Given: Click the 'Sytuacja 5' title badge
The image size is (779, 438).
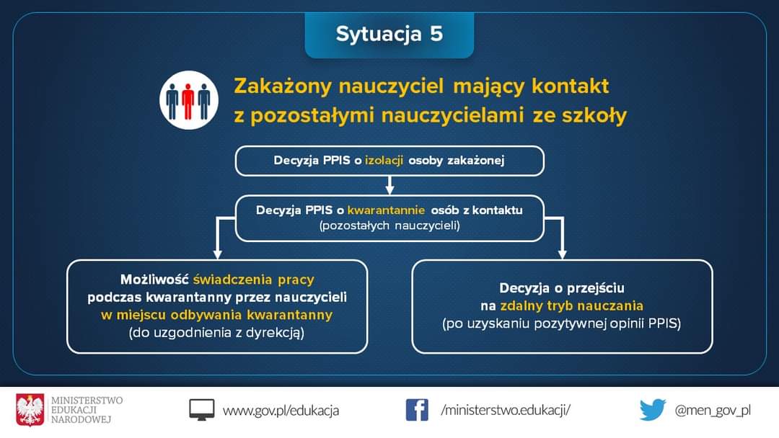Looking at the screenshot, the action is (x=389, y=35).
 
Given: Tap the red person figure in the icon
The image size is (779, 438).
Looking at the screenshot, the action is (x=188, y=101).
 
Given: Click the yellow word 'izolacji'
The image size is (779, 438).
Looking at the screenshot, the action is (x=384, y=160).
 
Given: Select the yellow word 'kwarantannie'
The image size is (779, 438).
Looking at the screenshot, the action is (x=386, y=210).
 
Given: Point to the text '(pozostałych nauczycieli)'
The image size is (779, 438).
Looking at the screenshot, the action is (x=389, y=225).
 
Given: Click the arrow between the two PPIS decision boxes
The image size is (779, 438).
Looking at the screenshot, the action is (x=390, y=185).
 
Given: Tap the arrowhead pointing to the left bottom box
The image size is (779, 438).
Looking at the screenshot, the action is (x=217, y=254).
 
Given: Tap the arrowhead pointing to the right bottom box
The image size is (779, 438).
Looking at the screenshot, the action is (x=562, y=254).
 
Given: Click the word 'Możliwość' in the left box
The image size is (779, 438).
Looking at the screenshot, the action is (x=154, y=280).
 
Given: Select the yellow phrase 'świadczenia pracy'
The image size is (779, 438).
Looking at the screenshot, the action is (x=254, y=280).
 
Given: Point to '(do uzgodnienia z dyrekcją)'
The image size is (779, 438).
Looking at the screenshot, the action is (x=216, y=333).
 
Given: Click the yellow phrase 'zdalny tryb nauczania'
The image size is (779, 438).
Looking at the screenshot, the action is (x=571, y=305).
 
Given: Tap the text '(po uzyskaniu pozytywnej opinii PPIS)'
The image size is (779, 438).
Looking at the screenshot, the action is (x=561, y=324).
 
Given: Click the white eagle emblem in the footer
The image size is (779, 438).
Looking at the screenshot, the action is (x=30, y=410).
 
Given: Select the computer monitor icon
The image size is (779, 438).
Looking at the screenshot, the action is (x=202, y=410).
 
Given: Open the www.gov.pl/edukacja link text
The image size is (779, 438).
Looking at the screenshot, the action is (x=281, y=411).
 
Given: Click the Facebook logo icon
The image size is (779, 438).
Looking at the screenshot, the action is (x=417, y=410).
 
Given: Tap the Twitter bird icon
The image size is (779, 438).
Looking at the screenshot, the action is (x=653, y=410).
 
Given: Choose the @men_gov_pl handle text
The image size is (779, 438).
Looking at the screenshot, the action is (x=713, y=410).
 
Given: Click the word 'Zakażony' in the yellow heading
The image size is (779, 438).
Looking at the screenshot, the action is (x=283, y=86).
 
